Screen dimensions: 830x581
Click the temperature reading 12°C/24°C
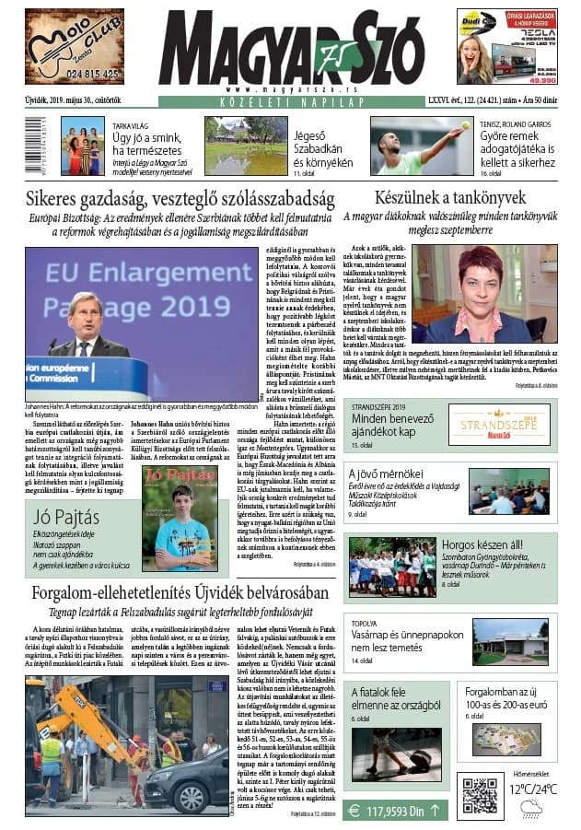pyautogui.click(x=536, y=788)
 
